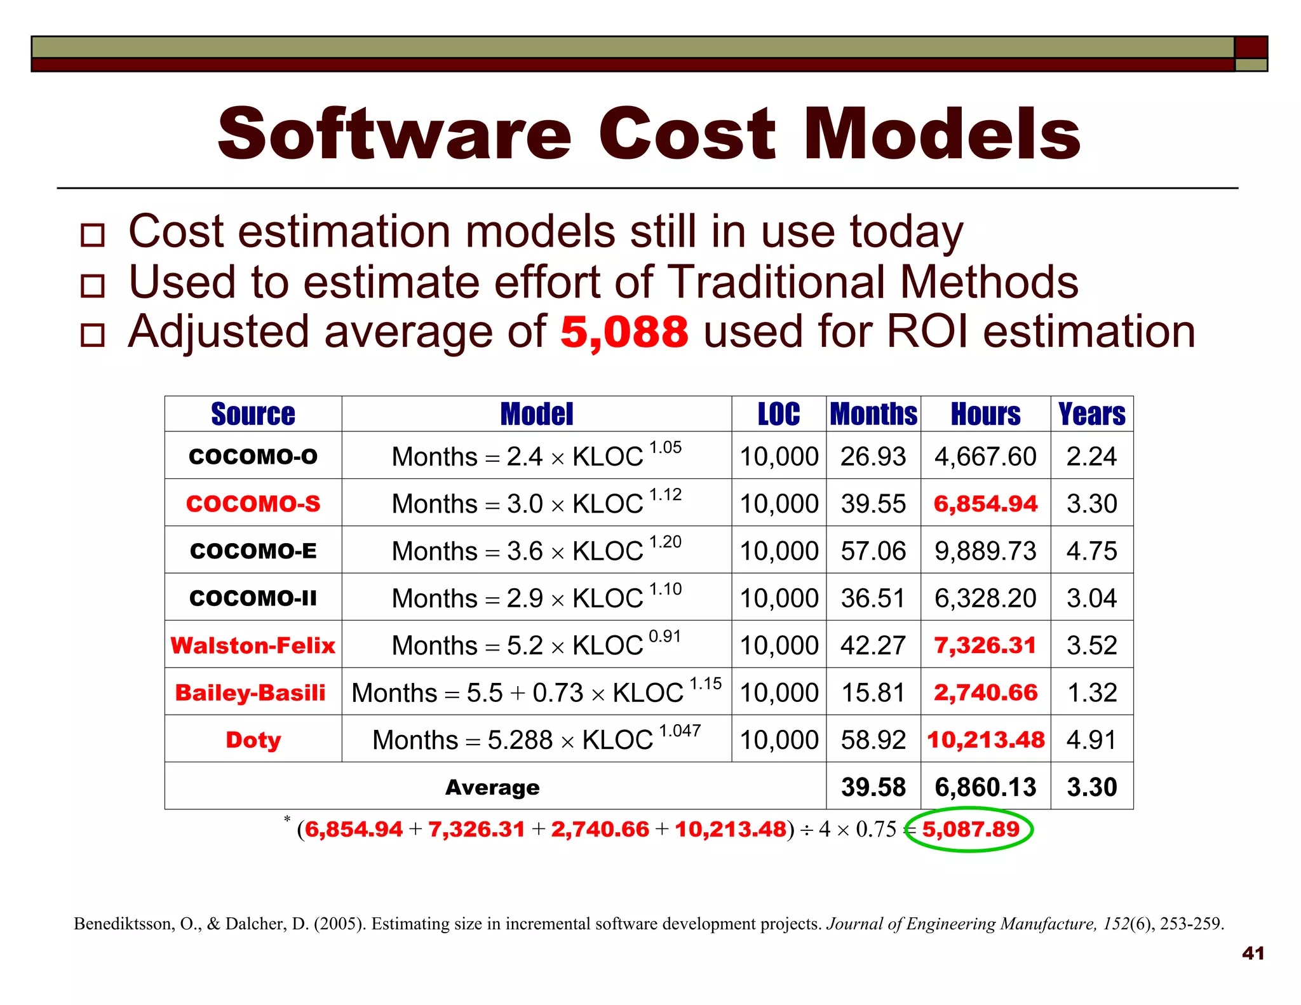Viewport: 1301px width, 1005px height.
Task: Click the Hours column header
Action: (985, 414)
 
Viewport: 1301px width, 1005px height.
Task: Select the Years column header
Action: (1091, 414)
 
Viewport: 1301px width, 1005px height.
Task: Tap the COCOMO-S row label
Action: (253, 504)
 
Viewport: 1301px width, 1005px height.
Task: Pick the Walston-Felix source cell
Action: (253, 645)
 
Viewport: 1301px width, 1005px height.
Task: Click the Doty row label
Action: (253, 739)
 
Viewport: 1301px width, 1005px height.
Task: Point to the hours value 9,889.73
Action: (985, 551)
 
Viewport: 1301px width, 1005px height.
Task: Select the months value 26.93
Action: (873, 457)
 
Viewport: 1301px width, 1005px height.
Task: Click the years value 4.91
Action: (1091, 739)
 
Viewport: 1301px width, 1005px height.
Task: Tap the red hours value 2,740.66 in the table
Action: (985, 692)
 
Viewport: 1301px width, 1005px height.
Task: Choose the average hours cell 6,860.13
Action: (985, 787)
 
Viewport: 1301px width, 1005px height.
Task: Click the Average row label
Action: (492, 788)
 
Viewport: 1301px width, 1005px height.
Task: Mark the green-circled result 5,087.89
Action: (971, 829)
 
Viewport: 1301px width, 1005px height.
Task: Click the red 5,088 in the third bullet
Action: (624, 332)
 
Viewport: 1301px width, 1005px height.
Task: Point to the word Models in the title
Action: (942, 134)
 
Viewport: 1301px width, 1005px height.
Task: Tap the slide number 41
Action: (1253, 953)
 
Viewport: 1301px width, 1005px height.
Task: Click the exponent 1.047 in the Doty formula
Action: (680, 731)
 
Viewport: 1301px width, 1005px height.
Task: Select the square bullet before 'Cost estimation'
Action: (93, 235)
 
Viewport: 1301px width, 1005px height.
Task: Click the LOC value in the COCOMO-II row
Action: (779, 598)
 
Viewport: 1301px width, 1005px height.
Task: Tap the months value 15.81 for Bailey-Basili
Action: (873, 692)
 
